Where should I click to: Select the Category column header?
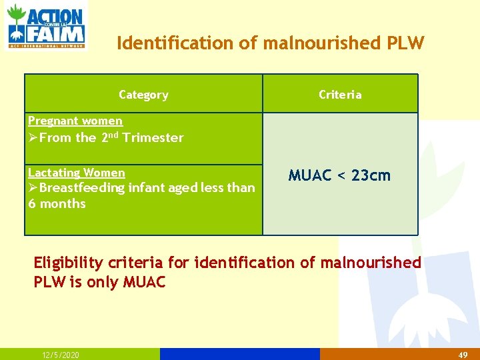143,95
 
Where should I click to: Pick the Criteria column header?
340,95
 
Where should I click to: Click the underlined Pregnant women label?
75,121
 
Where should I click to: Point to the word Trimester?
153,138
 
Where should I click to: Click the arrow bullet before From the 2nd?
33,138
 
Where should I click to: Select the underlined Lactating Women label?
77,173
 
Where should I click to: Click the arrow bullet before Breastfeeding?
33,188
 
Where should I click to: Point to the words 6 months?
57,204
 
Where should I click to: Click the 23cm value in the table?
371,176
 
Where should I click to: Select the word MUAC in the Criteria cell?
309,176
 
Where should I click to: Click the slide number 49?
463,355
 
